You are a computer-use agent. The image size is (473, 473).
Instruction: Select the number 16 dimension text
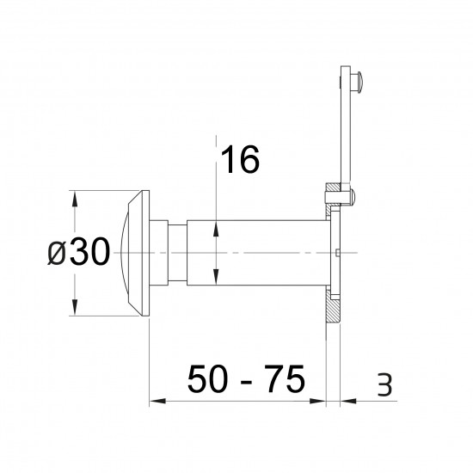coord(240,160)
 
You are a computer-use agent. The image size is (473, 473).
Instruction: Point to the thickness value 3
coord(384,385)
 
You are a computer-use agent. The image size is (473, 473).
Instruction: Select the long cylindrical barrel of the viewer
coord(258,253)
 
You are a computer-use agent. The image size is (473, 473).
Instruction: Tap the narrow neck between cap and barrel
coord(173,253)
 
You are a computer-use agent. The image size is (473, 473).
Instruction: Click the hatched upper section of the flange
coord(331,202)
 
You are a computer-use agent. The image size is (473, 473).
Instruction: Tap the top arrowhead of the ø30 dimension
coord(76,196)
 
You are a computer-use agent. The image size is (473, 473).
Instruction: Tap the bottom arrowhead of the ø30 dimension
coord(76,311)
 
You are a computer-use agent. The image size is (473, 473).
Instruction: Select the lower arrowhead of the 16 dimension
coord(214,279)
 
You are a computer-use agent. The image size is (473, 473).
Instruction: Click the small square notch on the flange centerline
coord(341,253)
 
